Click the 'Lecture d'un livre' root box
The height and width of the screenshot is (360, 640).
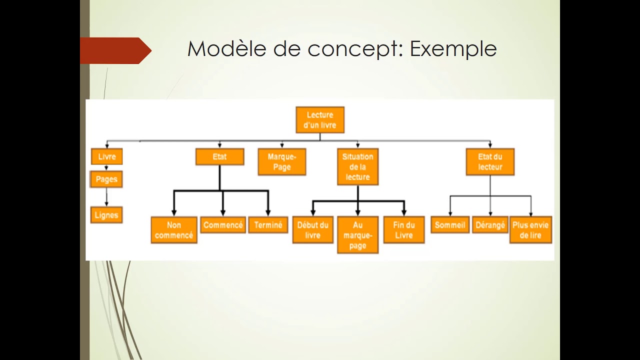(320, 120)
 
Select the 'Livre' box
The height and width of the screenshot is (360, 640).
(106, 156)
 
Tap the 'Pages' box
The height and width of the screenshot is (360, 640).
(106, 179)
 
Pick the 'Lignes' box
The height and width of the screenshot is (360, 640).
(106, 215)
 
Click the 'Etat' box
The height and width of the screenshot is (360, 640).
(219, 156)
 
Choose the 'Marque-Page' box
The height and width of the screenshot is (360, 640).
(282, 162)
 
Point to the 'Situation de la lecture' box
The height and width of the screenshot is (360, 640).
(357, 166)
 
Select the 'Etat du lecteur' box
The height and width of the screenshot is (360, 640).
(490, 162)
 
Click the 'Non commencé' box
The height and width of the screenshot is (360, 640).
(174, 230)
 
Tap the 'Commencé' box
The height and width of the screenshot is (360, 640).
(223, 225)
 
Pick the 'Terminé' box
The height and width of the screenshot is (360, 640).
(268, 225)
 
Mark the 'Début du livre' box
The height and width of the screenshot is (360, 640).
(312, 230)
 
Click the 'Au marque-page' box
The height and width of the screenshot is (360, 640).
(357, 235)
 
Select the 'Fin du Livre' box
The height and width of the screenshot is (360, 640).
(404, 230)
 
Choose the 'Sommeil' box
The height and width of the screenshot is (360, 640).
(450, 225)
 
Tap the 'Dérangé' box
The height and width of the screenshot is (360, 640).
(490, 225)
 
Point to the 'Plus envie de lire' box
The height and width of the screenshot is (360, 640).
(530, 230)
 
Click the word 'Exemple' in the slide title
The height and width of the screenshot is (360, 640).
(453, 49)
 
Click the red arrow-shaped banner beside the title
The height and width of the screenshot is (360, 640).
(115, 50)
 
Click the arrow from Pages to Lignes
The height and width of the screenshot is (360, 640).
(106, 197)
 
